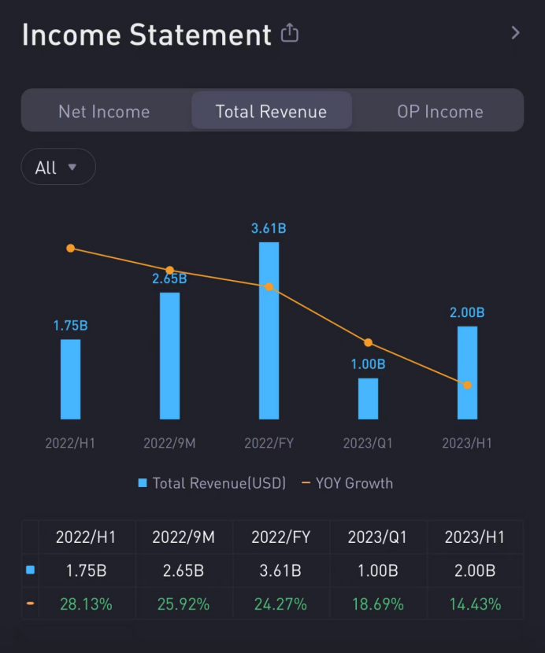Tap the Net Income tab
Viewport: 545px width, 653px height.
click(x=104, y=112)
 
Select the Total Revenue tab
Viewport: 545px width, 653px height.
click(x=271, y=112)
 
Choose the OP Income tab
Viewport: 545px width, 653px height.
click(x=439, y=112)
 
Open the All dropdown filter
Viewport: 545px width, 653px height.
click(x=57, y=167)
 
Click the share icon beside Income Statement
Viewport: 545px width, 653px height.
click(x=290, y=34)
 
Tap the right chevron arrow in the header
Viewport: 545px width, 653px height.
click(x=515, y=33)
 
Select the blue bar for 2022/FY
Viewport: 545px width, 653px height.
click(x=269, y=330)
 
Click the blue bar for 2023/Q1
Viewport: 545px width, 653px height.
click(x=368, y=398)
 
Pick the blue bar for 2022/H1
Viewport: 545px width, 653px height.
click(x=71, y=379)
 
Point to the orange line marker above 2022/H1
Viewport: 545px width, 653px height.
click(x=71, y=249)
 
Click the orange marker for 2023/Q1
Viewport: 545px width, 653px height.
click(x=368, y=342)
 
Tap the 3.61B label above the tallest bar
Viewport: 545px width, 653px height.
click(x=269, y=229)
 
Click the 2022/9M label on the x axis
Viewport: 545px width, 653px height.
click(x=169, y=443)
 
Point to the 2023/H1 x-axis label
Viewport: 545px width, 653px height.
click(x=467, y=443)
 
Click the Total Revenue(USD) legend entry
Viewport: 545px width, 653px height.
click(x=212, y=483)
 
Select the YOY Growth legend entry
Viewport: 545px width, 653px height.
click(x=347, y=483)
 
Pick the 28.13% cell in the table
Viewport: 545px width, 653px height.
click(x=86, y=604)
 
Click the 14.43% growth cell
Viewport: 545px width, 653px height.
click(x=475, y=604)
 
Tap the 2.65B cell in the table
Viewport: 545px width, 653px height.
click(x=184, y=570)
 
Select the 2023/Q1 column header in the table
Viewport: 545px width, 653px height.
click(x=377, y=537)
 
